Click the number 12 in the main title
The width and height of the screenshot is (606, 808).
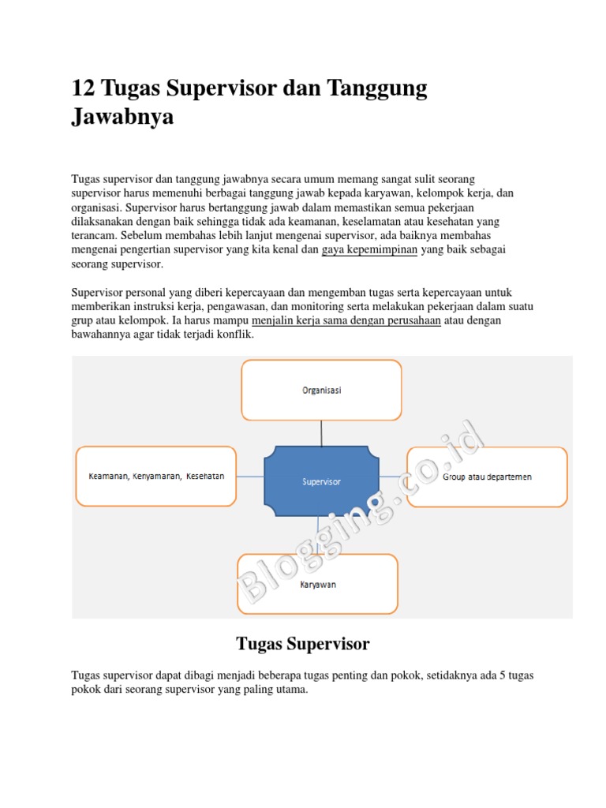pos(84,88)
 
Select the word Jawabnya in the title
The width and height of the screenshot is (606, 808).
pos(122,118)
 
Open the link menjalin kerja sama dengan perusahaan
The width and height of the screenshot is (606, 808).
pos(346,321)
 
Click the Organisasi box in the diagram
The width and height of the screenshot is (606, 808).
pos(321,390)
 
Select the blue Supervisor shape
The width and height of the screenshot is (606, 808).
pos(321,481)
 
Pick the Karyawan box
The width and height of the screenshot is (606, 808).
pos(318,585)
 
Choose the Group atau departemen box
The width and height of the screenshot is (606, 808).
pos(486,477)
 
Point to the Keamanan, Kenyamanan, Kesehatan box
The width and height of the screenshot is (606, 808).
pos(155,477)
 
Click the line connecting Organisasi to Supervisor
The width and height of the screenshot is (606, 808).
pos(321,432)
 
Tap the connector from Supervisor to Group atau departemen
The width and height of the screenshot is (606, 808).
pos(392,477)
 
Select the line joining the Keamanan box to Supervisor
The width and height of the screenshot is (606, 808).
pos(249,477)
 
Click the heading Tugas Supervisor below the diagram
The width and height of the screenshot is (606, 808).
pos(303,644)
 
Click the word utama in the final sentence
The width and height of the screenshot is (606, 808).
pos(289,690)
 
